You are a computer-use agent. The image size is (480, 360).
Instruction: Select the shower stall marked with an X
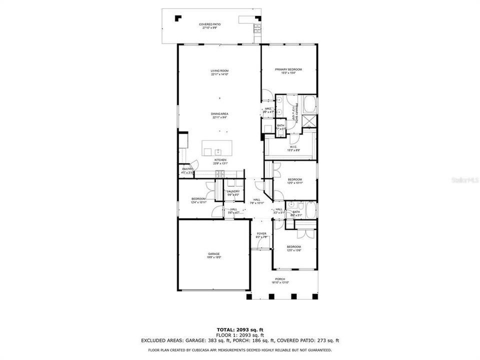[310, 120]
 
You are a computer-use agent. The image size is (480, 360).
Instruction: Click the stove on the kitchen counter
[219, 174]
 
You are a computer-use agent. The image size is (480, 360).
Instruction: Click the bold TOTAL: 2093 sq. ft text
[239, 330]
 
